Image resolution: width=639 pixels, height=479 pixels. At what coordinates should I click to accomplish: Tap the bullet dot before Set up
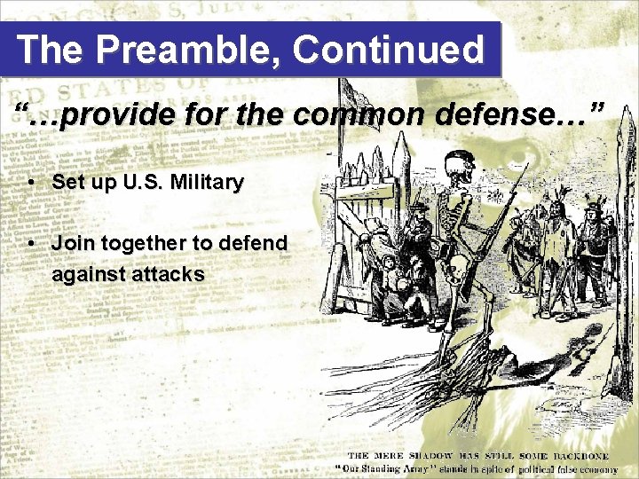point(31,184)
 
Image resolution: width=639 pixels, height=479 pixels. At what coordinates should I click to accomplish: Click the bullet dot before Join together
point(31,243)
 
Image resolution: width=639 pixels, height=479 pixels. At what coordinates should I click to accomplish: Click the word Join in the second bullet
point(72,243)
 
